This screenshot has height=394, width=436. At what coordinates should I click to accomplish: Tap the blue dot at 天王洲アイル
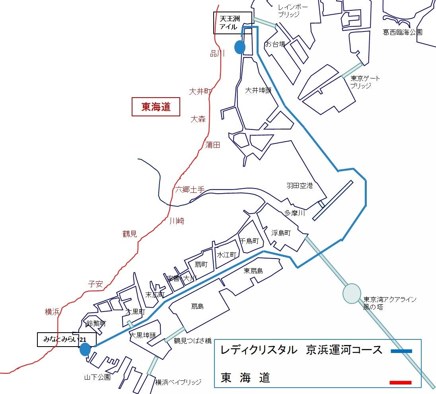point(239,47)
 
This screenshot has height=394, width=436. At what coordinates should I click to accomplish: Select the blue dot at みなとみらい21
point(85,349)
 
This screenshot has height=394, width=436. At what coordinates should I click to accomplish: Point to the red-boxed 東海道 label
point(156,107)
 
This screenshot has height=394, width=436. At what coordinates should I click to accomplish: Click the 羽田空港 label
point(300,186)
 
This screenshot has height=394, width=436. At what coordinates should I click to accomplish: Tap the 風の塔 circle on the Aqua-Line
point(352,293)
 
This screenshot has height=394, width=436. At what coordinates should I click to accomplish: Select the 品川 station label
point(217,53)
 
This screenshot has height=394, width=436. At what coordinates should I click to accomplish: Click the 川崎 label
point(177,221)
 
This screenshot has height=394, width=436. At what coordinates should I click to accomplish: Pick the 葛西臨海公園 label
point(402,32)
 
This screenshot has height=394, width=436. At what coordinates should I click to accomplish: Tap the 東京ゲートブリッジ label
point(365,82)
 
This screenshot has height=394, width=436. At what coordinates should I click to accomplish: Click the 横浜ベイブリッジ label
point(178,382)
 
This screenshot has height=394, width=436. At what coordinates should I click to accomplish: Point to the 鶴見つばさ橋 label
point(193,341)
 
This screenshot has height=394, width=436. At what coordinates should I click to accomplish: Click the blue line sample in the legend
point(401,351)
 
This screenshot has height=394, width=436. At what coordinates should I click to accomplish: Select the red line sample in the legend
point(400,382)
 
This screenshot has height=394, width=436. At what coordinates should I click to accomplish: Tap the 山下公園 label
point(97,377)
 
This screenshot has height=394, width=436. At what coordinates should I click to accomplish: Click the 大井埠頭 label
point(258,90)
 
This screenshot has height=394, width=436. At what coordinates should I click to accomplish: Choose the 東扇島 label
point(253,271)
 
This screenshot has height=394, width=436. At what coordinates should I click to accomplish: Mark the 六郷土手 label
point(190,190)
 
